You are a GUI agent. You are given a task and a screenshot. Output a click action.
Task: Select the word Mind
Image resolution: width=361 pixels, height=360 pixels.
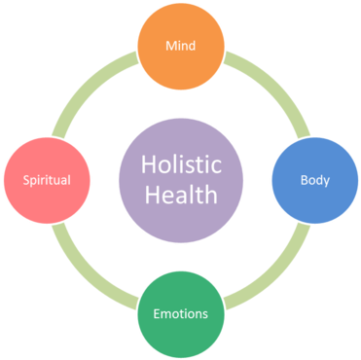pyautogui.click(x=180, y=46)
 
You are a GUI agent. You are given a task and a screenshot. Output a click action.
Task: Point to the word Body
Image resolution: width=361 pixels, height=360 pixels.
pyautogui.click(x=314, y=180)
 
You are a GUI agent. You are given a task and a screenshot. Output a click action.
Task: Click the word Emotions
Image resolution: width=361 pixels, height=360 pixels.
pyautogui.click(x=180, y=314)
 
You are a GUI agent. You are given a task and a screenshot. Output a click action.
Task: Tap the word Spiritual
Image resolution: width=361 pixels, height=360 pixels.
pyautogui.click(x=46, y=180)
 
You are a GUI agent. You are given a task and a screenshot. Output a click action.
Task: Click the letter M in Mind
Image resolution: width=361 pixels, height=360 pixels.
pyautogui.click(x=169, y=46)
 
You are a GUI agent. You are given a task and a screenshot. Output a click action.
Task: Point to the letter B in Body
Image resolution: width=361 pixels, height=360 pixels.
pyautogui.click(x=304, y=180)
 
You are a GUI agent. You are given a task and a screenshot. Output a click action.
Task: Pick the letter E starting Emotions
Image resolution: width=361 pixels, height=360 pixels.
pyautogui.click(x=157, y=314)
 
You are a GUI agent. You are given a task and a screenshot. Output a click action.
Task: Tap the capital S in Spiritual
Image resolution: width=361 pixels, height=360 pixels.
pyautogui.click(x=25, y=180)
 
